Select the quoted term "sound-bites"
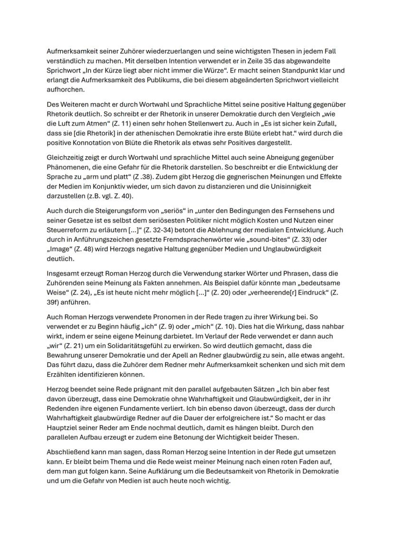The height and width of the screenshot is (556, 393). coord(252,240)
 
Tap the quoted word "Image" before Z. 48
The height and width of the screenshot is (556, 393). coord(59,249)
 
